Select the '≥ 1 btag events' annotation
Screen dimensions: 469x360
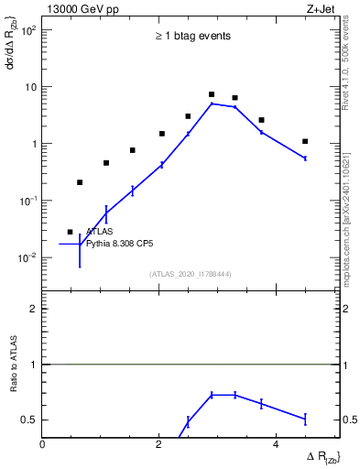192,36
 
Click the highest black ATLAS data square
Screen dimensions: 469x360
212,94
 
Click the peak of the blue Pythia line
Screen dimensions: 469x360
212,104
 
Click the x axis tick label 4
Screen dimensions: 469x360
276,445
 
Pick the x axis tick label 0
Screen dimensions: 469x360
44,445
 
